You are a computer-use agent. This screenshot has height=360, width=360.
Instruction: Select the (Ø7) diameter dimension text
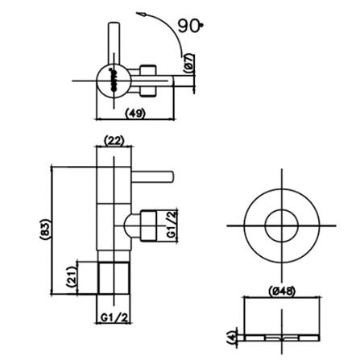pyautogui.click(x=188, y=64)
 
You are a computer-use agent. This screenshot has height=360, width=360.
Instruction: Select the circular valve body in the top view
pyautogui.click(x=111, y=79)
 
